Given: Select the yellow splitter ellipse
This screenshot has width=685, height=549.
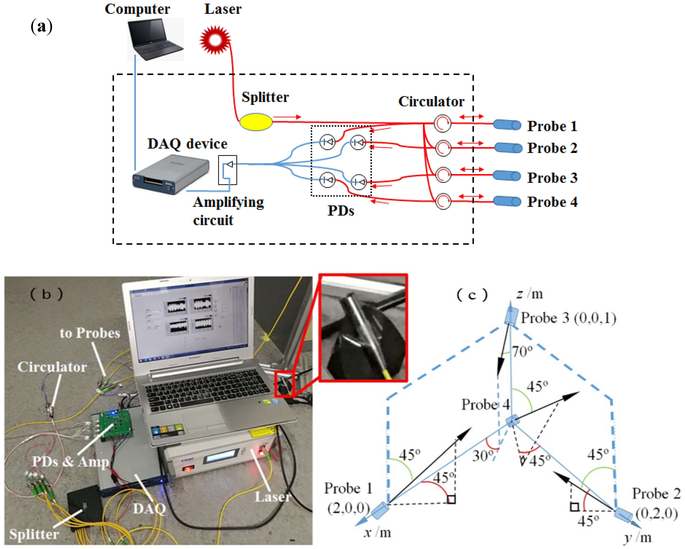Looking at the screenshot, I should click(x=256, y=122).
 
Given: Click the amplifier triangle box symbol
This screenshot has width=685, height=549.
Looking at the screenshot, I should click(x=227, y=170).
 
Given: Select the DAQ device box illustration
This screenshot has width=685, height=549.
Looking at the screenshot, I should click(x=171, y=174).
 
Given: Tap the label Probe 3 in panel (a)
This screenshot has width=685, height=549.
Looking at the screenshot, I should click(x=552, y=178).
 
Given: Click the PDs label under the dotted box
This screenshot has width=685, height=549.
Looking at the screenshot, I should click(x=341, y=211).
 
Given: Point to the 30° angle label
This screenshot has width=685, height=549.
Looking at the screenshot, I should click(x=483, y=456).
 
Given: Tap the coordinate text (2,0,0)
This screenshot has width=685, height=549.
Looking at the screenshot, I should click(x=349, y=508).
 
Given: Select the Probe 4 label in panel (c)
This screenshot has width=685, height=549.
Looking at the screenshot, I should click(x=485, y=404).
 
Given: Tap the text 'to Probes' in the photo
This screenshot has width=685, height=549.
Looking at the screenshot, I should click(x=90, y=333).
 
